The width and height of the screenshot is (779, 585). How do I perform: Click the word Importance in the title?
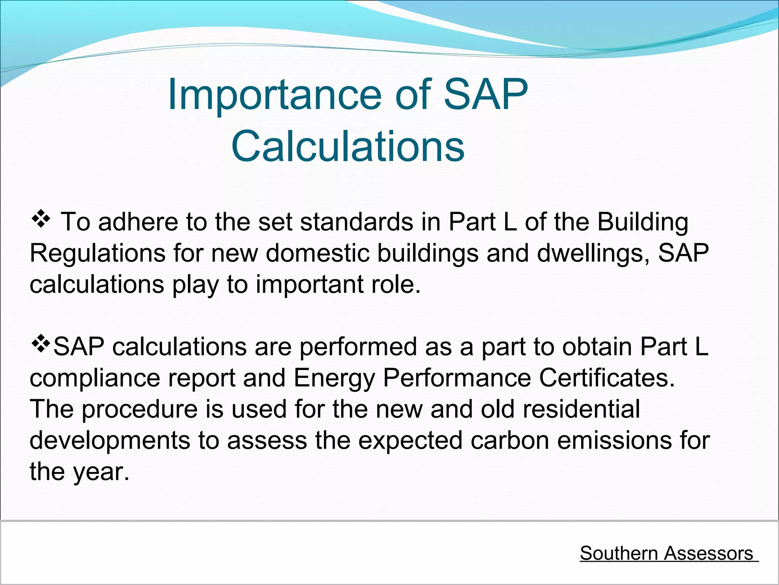(x=274, y=94)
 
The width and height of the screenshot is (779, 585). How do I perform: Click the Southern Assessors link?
(x=666, y=553)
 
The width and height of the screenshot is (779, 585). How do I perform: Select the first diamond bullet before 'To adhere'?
(x=41, y=220)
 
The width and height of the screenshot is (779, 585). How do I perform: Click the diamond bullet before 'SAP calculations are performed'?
(x=41, y=345)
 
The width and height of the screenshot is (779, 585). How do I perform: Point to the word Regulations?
(x=97, y=253)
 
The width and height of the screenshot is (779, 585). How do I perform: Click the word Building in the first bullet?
(x=643, y=222)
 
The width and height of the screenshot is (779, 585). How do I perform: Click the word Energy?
(x=334, y=379)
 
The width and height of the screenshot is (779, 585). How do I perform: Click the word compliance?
(x=95, y=379)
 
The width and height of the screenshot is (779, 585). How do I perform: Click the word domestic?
(x=317, y=253)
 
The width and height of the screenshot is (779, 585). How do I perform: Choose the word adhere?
(x=138, y=222)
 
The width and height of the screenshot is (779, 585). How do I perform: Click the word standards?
(x=356, y=222)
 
